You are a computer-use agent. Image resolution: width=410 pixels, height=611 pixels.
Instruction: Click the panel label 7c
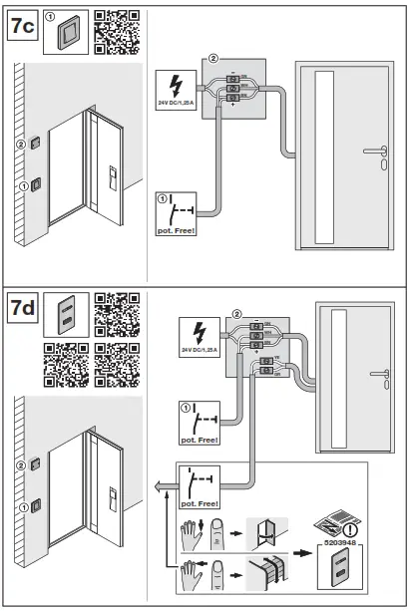(x=23, y=27)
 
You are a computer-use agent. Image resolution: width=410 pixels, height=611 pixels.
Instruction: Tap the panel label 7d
(x=23, y=309)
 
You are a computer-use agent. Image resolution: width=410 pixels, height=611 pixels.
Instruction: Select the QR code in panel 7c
(x=116, y=30)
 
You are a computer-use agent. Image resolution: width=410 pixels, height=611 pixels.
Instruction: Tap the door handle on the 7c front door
(x=378, y=153)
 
